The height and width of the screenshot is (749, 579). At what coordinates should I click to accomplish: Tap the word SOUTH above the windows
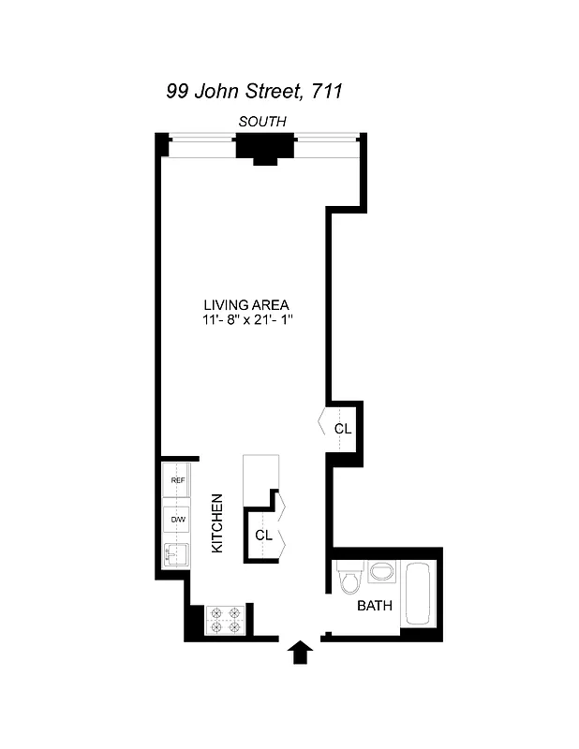click(262, 121)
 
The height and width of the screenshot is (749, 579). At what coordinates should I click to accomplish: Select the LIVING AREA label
click(247, 304)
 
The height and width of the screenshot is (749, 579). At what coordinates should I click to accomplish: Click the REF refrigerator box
click(177, 480)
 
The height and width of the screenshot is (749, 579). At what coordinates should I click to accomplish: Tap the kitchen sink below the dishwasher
click(176, 555)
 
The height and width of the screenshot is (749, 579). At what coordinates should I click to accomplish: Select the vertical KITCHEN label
click(216, 523)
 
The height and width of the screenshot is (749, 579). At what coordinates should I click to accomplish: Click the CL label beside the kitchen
click(262, 536)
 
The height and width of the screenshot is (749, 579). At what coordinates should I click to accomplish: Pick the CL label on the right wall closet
click(343, 429)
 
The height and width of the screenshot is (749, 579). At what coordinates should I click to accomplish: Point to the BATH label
click(374, 606)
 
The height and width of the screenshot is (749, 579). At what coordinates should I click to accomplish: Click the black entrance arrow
click(301, 652)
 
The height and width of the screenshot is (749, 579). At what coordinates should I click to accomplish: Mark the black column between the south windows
click(266, 148)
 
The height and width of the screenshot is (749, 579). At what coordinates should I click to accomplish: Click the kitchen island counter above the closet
click(260, 476)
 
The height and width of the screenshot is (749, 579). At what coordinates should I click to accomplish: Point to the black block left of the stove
click(195, 621)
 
